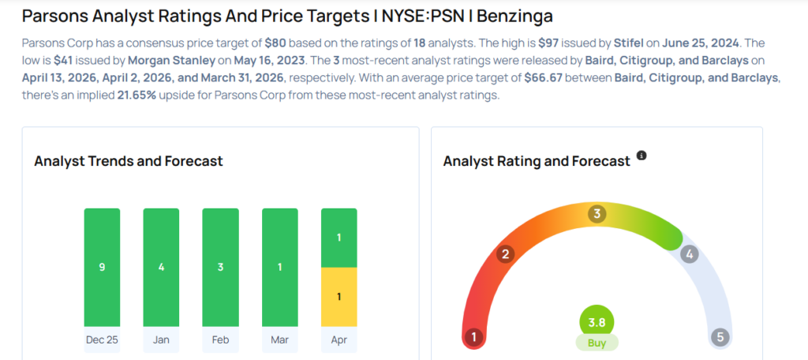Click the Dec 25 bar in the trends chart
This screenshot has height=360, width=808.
click(102, 267)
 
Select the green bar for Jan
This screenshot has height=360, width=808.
click(161, 267)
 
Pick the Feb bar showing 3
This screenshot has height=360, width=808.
click(220, 267)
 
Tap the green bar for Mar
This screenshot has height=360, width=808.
click(280, 267)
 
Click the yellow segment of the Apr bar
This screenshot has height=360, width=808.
click(339, 296)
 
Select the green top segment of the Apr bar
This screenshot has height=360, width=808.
click(339, 238)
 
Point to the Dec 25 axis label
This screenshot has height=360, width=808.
click(102, 340)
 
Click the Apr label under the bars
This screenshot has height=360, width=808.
click(339, 340)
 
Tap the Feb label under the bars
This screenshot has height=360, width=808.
click(220, 340)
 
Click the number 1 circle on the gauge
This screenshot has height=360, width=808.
click(474, 338)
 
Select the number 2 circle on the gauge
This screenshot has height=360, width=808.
click(506, 254)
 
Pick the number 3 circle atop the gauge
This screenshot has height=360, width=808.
click(597, 214)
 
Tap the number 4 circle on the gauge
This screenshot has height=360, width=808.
click(689, 254)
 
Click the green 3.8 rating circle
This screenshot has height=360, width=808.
click(597, 322)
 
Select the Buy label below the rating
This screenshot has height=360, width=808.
click(597, 343)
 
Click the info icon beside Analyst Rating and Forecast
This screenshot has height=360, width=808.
click(642, 156)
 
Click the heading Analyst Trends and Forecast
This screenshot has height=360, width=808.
click(129, 161)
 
